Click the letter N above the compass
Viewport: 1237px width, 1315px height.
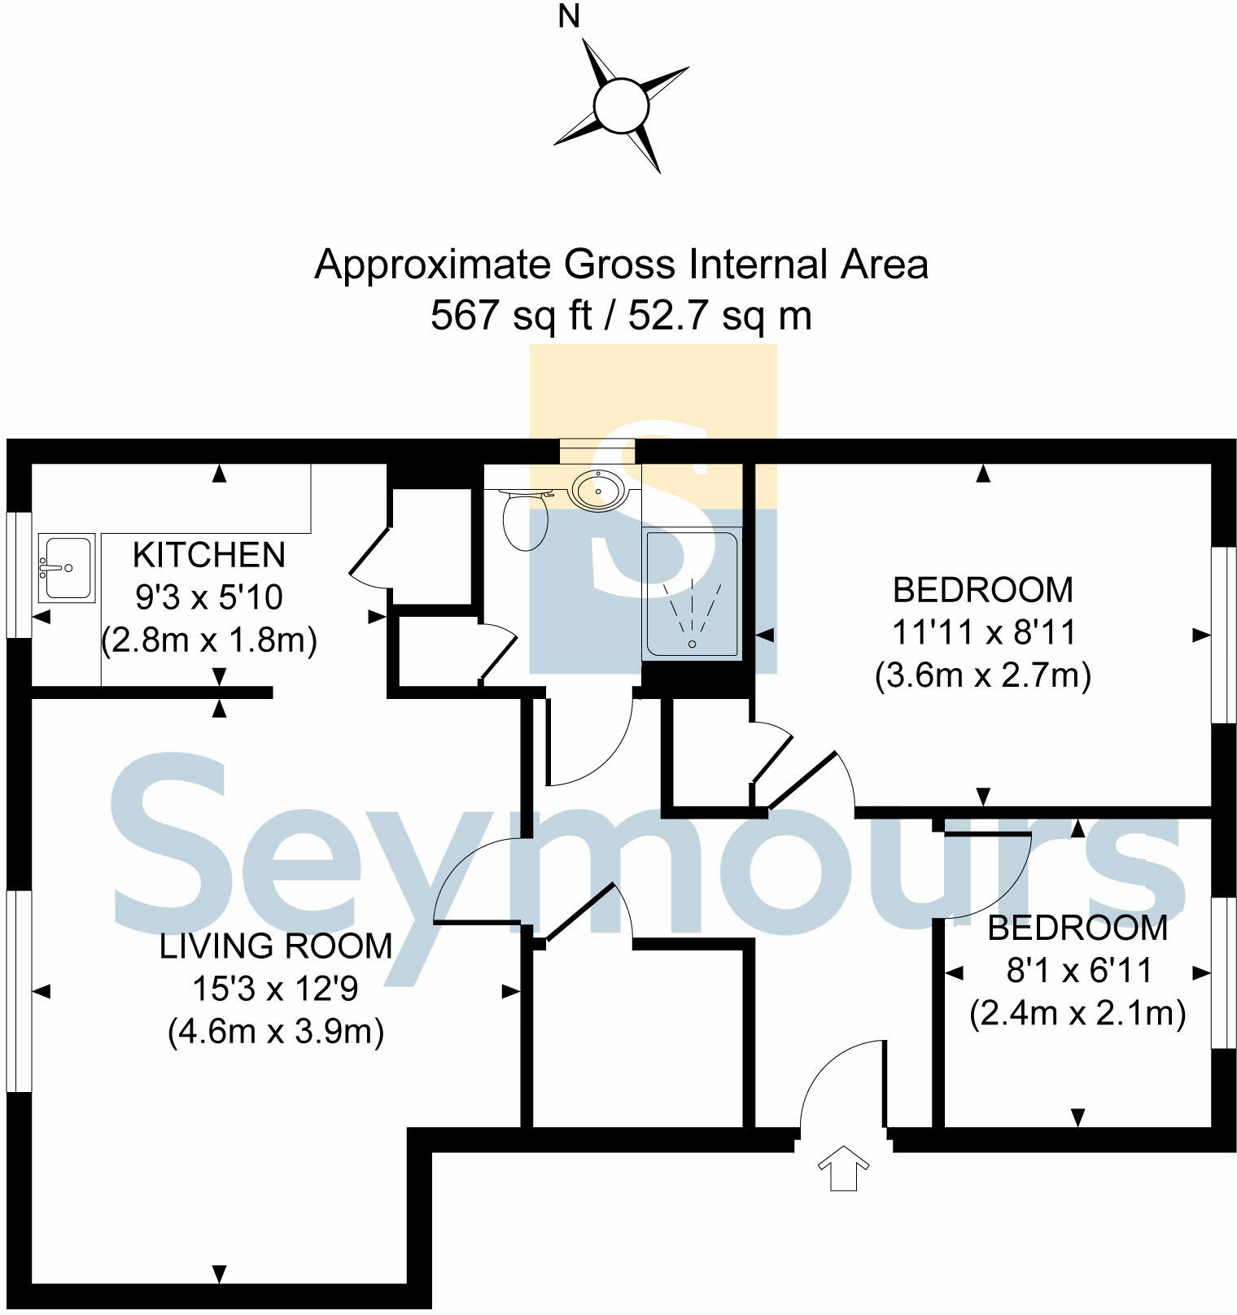(x=568, y=17)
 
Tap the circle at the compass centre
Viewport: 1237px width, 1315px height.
(x=621, y=106)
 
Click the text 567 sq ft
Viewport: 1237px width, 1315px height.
(x=511, y=316)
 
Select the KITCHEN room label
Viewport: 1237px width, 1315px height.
(x=209, y=556)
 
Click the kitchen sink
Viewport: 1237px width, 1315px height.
(x=67, y=567)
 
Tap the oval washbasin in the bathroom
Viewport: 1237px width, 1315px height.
(x=599, y=490)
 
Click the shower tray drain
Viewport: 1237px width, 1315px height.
(x=693, y=644)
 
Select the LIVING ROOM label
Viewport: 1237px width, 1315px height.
(x=276, y=946)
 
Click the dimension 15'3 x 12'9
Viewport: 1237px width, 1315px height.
(x=275, y=990)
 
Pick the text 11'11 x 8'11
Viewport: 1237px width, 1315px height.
(x=983, y=633)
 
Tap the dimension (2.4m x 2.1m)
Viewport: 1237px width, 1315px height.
(x=1077, y=1014)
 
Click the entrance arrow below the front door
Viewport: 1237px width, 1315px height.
(x=843, y=1169)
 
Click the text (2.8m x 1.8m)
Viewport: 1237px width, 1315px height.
(x=209, y=641)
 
